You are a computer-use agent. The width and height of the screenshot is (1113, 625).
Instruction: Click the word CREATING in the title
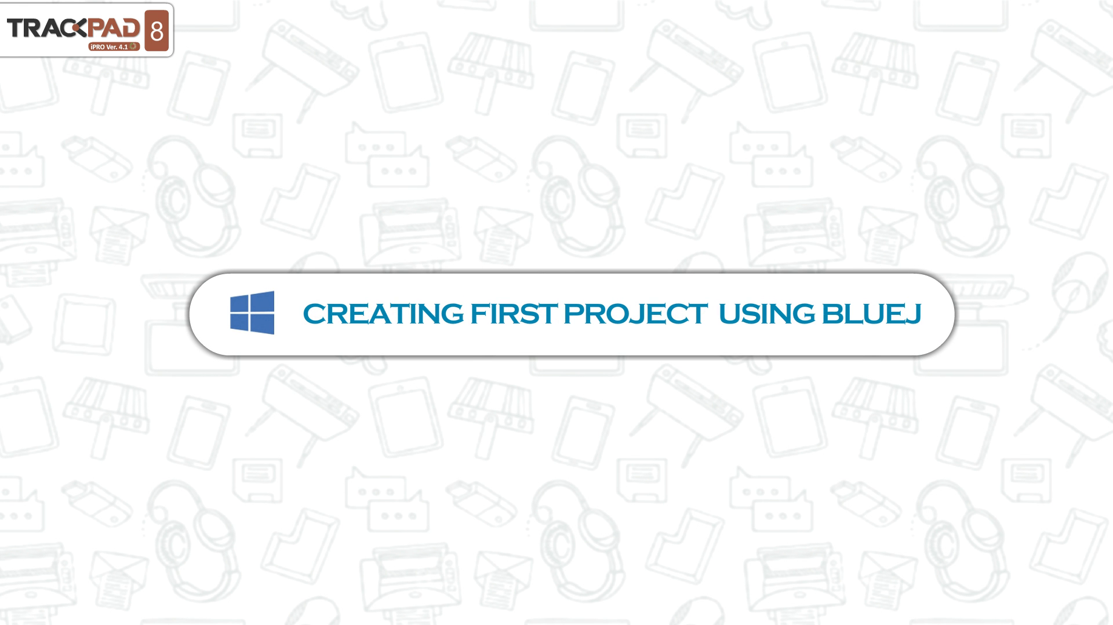pos(383,314)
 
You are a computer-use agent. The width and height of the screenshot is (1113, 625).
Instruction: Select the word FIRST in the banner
pos(514,314)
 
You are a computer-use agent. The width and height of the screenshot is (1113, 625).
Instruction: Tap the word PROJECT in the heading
pos(635,314)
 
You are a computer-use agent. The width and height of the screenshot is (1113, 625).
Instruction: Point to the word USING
pos(766,314)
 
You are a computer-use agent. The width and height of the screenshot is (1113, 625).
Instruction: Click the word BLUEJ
pos(871,314)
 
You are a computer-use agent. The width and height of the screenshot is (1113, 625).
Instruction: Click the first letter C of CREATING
pos(314,314)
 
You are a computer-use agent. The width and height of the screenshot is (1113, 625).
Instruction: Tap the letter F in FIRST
pos(479,314)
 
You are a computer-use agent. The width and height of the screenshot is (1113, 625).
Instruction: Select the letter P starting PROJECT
pos(573,314)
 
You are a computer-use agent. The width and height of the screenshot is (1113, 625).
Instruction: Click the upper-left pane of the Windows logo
pos(240,304)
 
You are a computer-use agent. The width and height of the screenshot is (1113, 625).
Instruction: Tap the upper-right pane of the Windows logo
pos(263,301)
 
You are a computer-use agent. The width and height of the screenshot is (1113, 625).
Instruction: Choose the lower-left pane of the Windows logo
pos(240,322)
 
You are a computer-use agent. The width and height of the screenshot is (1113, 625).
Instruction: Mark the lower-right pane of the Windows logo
pos(263,324)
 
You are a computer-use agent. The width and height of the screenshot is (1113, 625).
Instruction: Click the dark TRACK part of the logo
pos(46,28)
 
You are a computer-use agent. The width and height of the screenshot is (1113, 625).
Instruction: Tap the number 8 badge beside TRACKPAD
pos(157,31)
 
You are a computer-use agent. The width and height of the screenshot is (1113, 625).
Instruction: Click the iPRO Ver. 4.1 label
pos(108,46)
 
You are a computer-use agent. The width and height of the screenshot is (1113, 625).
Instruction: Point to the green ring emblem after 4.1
pos(133,46)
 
